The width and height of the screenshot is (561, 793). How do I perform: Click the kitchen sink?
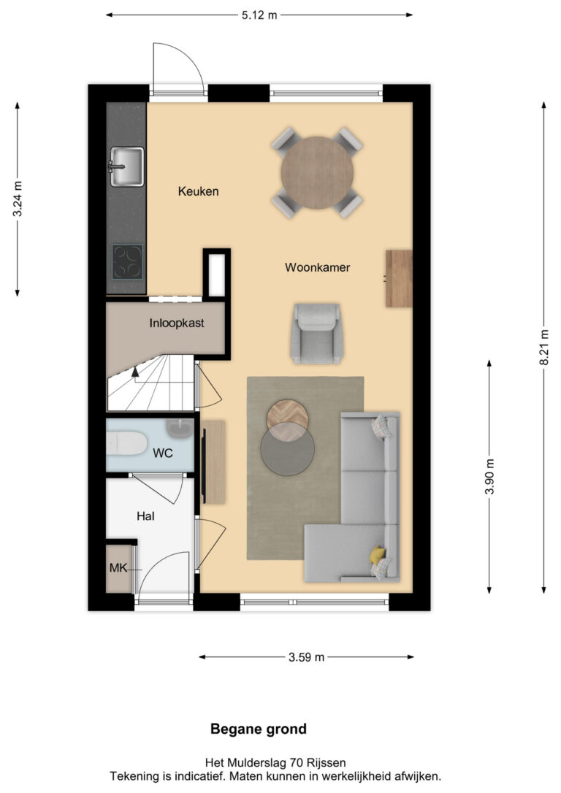pyautogui.click(x=126, y=166)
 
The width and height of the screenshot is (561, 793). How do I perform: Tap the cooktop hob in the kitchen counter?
pyautogui.click(x=128, y=261)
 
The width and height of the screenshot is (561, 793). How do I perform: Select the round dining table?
pyautogui.click(x=317, y=172)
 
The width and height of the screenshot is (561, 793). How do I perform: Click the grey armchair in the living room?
pyautogui.click(x=317, y=333)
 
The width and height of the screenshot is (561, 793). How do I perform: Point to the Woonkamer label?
pyautogui.click(x=317, y=267)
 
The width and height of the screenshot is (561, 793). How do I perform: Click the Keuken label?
pyautogui.click(x=198, y=191)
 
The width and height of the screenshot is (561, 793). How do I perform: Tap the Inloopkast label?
pyautogui.click(x=177, y=323)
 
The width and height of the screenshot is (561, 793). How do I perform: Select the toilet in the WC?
pyautogui.click(x=126, y=444)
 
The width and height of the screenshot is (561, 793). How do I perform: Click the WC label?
pyautogui.click(x=163, y=453)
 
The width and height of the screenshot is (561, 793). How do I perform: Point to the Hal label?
pyautogui.click(x=145, y=516)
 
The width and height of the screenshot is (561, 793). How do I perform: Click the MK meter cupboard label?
pyautogui.click(x=118, y=568)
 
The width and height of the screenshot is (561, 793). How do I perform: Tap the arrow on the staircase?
pyautogui.click(x=135, y=372)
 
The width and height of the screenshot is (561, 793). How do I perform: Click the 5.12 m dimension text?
pyautogui.click(x=259, y=15)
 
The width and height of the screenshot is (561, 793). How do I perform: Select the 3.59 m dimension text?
pyautogui.click(x=307, y=657)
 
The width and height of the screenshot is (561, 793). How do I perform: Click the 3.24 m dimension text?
pyautogui.click(x=18, y=199)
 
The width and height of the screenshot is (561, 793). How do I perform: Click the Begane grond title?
pyautogui.click(x=259, y=729)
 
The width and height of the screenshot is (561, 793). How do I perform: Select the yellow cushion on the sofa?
pyautogui.click(x=377, y=555)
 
